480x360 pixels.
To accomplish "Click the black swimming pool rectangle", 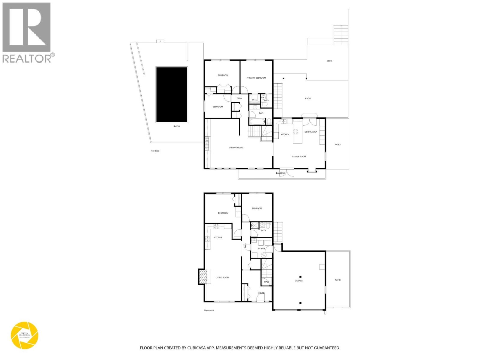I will pos(172,94).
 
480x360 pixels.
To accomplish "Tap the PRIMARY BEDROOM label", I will pos(256,78).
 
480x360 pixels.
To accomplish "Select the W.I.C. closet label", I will pos(254,100).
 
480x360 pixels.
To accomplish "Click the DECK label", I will pos(329,61).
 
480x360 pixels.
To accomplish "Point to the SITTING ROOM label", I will pos(236,148).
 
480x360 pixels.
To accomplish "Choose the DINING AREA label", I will pos(311,132).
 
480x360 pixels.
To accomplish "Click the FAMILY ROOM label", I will pos(299,157).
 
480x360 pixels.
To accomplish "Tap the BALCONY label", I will pos(280,173).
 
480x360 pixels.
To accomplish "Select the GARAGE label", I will pos(298,281).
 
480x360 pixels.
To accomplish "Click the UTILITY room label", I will pos(261,249).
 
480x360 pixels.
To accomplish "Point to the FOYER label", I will pos(261,293).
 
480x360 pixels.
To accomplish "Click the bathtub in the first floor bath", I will pos(257,122).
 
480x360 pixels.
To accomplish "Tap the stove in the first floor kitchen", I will pos(295,131).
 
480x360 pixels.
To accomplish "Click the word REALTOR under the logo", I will pos(27,58).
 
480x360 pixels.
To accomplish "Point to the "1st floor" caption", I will pos(155,151).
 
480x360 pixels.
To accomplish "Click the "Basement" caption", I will pos(209,310).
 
